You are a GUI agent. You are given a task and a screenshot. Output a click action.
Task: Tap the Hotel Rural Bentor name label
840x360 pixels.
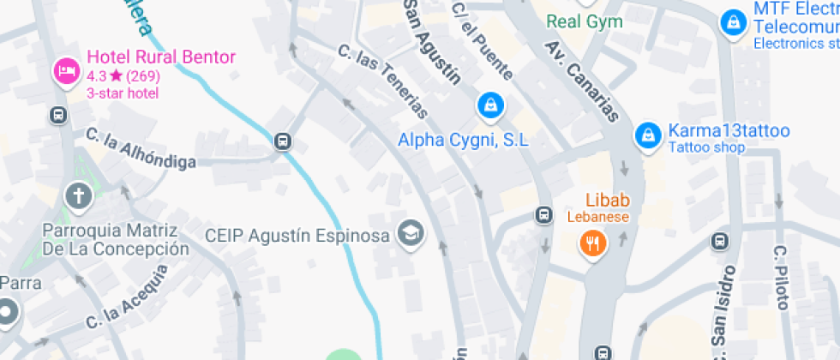coord(161,58)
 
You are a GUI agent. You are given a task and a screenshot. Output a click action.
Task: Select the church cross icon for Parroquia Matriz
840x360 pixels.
coord(78,195)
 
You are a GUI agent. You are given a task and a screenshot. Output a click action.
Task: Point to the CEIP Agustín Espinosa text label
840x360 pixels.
coord(297,235)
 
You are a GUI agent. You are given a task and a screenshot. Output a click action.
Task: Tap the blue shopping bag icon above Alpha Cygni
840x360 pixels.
coord(489,105)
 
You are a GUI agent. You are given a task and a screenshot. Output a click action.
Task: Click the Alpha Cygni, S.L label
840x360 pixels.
coord(464,139)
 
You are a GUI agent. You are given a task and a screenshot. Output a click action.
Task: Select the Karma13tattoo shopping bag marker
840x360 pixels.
coord(647,135)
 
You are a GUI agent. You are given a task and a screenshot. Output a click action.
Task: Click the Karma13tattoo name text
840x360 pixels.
coord(729,131)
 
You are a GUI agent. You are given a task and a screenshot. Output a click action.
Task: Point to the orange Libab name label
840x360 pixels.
coord(608,201)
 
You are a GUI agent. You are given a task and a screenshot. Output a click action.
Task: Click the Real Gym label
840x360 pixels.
coord(585,21)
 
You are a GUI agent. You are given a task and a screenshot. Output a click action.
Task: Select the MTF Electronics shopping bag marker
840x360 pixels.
coord(734,23)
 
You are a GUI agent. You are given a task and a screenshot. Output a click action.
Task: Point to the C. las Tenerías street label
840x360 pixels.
coord(383,81)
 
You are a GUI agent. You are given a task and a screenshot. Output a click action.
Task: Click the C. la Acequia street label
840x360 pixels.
coord(126,300)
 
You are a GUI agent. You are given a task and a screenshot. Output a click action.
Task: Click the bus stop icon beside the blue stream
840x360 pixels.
coord(282,141)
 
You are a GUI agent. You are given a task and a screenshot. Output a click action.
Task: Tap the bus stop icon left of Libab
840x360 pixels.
coord(543,214)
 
